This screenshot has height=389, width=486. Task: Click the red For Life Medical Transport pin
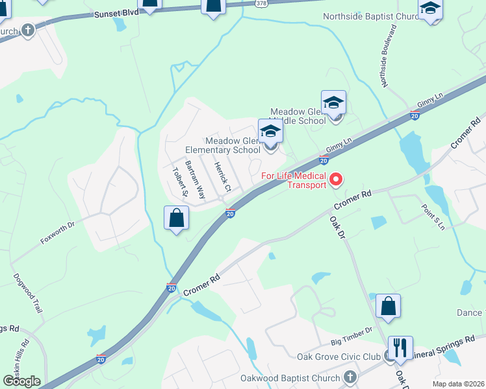click(336, 179)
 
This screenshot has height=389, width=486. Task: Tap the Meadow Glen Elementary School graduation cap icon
click(270, 132)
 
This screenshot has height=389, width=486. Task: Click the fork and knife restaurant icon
click(400, 348)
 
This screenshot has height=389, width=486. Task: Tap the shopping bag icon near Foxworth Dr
click(176, 218)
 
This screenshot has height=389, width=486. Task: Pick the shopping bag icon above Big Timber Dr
click(388, 307)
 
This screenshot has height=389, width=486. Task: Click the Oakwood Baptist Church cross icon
click(349, 377)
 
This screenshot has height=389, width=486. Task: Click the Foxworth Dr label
click(58, 233)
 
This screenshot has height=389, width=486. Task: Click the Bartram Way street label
click(194, 179)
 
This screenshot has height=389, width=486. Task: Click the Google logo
click(21, 381)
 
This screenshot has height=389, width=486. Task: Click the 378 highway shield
click(261, 3)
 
